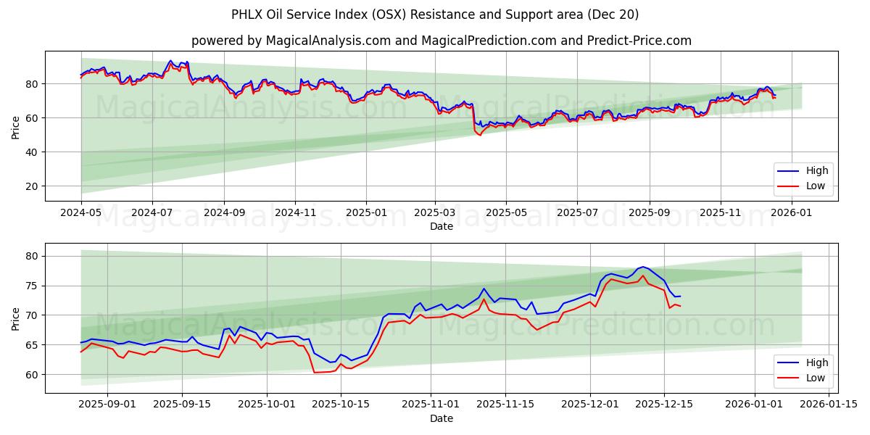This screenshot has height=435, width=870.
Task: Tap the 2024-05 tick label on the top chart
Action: point(81,213)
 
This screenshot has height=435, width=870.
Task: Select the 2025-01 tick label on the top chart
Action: point(365,213)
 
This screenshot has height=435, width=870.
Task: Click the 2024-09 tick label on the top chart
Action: point(223,213)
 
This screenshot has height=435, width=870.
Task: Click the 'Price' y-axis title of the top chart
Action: point(15,126)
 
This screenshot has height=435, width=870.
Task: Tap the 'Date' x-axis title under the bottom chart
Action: point(442,418)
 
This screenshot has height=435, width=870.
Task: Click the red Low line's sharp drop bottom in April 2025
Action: point(479,135)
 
